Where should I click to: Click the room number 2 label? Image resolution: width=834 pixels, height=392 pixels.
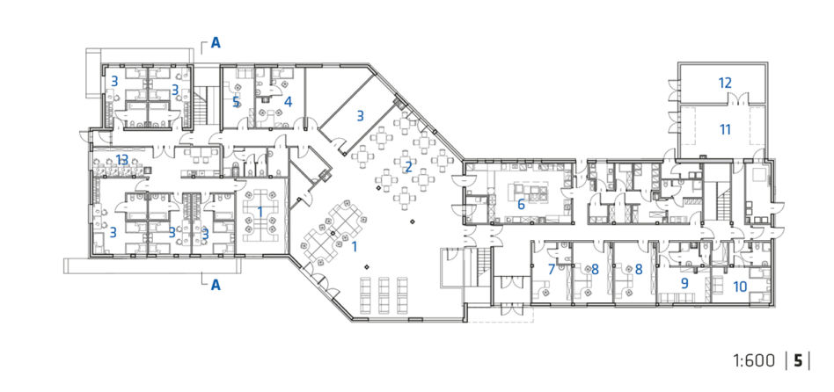point(408,167)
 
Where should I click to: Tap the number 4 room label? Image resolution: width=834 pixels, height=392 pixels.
point(288,101)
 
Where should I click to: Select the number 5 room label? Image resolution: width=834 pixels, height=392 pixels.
point(236,101)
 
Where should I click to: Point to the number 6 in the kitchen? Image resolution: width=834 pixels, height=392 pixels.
point(521,204)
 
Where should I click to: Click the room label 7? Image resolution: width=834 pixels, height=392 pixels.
point(552,269)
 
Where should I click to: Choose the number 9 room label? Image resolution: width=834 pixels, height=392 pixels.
point(684,283)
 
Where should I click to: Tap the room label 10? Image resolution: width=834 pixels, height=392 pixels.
point(740,287)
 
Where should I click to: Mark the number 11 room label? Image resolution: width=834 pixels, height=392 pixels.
point(725,129)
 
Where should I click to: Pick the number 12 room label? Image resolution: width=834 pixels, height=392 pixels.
point(725,83)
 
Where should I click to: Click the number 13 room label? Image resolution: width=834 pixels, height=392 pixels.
point(122,159)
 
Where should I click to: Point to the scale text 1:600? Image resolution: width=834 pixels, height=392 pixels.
point(754,361)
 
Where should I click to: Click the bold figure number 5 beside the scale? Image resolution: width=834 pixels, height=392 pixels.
point(798,361)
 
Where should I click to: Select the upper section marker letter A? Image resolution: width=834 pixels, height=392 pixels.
point(216,42)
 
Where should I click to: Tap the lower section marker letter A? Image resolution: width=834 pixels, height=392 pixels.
point(216,286)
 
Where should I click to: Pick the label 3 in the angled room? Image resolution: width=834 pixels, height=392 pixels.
point(360,115)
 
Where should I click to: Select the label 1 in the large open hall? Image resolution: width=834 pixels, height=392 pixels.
point(355,246)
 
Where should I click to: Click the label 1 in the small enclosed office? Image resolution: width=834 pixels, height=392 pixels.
point(260,212)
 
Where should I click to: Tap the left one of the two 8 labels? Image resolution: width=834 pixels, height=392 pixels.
point(595,269)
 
